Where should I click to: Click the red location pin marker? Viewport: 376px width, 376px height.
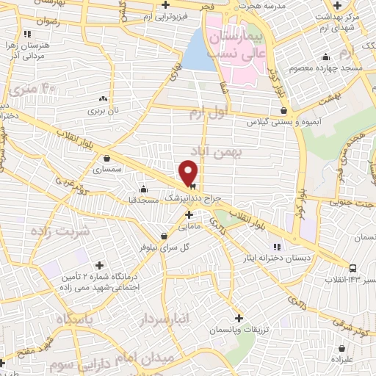click(x=189, y=172)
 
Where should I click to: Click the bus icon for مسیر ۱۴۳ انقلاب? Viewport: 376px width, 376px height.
click(x=354, y=269)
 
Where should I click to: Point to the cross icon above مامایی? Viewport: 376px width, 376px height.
click(x=189, y=215)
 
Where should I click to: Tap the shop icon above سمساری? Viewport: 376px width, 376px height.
click(x=108, y=157)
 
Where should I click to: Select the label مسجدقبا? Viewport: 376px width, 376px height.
click(x=145, y=199)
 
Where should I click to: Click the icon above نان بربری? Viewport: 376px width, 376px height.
click(x=103, y=98)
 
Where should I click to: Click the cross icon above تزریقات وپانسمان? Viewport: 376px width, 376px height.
click(x=239, y=318)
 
